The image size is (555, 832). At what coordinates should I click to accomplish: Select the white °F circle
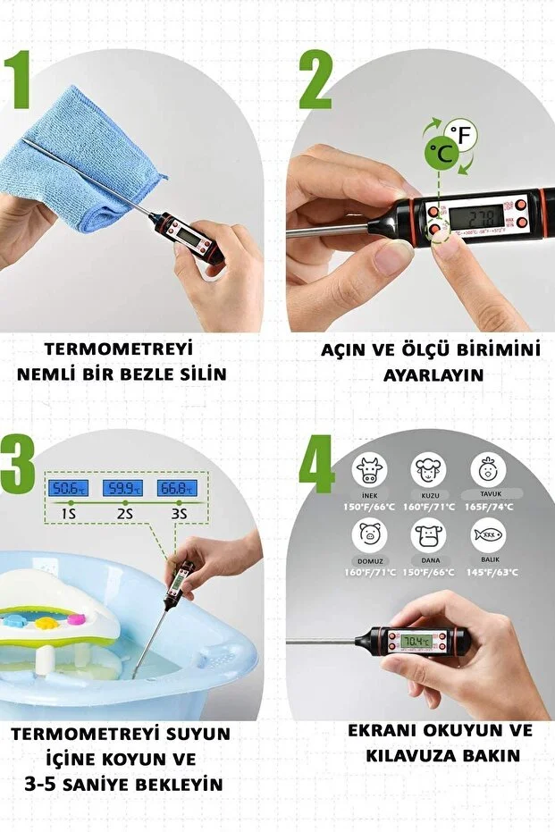[463, 136]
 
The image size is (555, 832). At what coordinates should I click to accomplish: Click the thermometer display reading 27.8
[478, 218]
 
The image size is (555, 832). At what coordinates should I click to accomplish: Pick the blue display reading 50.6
[68, 487]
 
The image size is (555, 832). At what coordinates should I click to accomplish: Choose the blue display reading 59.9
[122, 487]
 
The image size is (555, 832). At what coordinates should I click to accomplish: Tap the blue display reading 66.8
[177, 487]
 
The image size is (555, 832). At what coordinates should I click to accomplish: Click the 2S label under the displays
[122, 516]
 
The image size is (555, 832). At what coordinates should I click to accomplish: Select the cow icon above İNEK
[369, 468]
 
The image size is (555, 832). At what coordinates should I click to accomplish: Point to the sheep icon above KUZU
[428, 468]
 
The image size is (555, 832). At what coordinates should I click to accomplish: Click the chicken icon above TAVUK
[488, 468]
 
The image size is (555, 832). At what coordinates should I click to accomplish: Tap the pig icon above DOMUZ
[369, 535]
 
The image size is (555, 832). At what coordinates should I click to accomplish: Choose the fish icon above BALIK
[488, 535]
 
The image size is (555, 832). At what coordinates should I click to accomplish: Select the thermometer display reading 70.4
[416, 643]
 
